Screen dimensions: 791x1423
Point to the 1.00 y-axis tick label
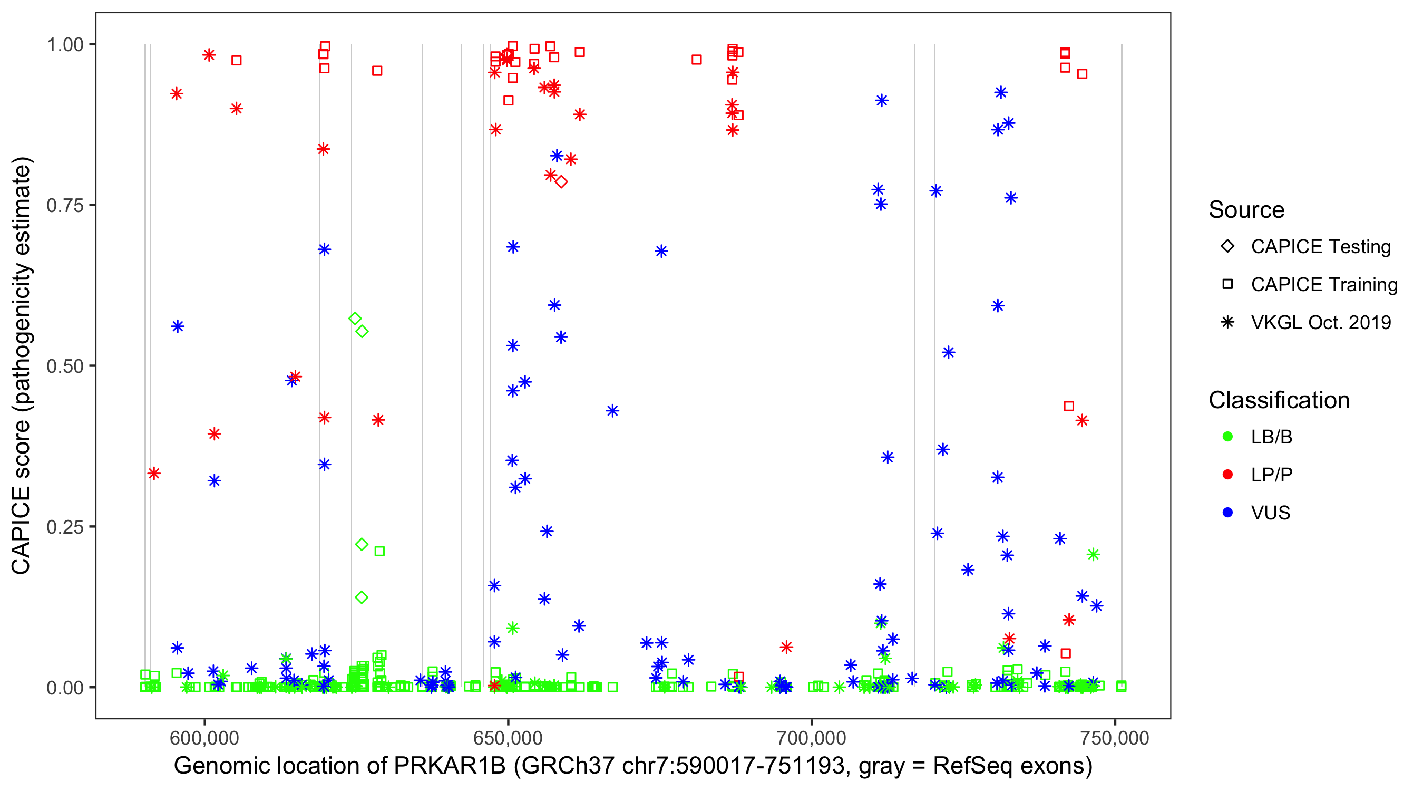(x=65, y=44)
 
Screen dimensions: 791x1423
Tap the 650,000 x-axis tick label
(x=508, y=737)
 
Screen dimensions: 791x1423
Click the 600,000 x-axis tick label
(x=204, y=737)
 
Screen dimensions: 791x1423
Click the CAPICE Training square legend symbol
(x=1227, y=284)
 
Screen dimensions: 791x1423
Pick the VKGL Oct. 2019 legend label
(x=1320, y=322)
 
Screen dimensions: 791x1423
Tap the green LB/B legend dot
(x=1227, y=437)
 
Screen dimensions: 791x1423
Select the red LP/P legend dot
(x=1227, y=475)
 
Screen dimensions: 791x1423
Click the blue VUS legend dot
(x=1227, y=513)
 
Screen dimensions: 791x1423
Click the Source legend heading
(x=1246, y=210)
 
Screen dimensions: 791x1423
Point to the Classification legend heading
(x=1278, y=400)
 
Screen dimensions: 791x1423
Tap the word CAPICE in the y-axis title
(x=21, y=530)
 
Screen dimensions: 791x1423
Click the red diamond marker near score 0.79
(x=561, y=182)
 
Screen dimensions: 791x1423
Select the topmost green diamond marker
(x=355, y=319)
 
